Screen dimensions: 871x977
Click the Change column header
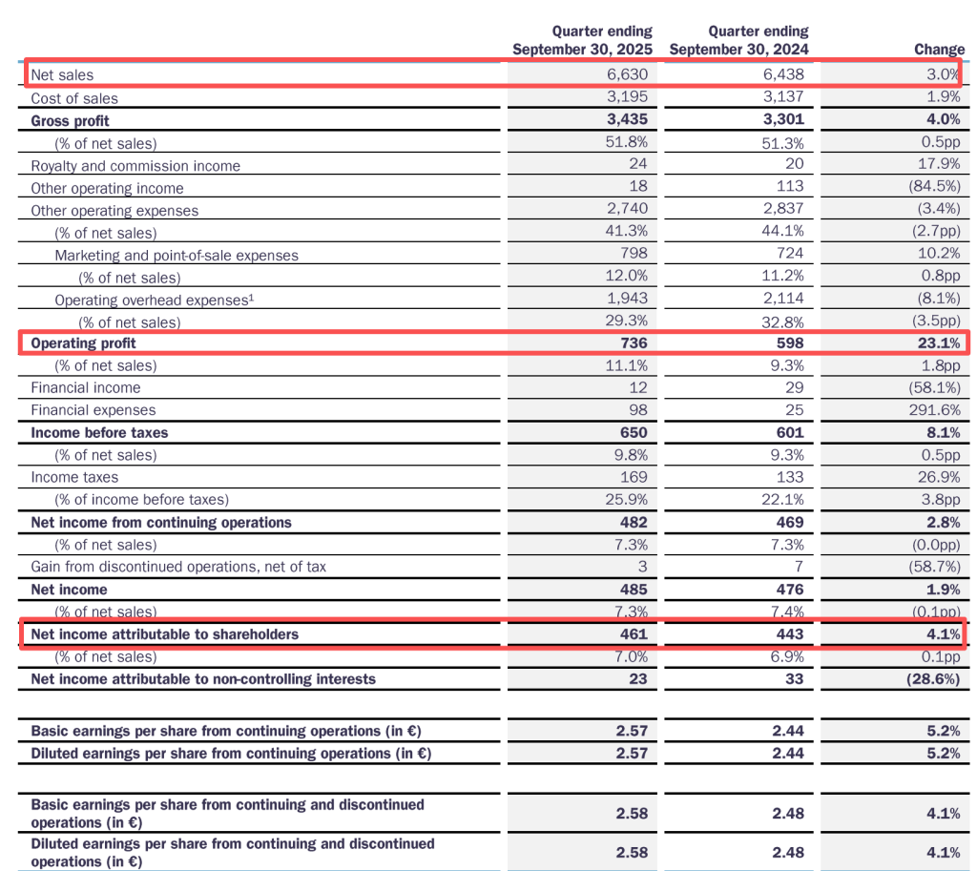coord(939,50)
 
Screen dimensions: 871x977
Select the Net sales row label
coord(62,74)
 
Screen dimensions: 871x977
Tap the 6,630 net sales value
coord(627,74)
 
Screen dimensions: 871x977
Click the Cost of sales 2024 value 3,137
coord(783,97)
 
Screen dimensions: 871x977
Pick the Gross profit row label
coord(70,120)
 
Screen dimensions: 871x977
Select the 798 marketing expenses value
coord(634,254)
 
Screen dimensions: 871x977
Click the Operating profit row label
coord(83,343)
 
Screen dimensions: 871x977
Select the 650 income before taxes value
coord(633,432)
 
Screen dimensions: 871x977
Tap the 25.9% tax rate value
coord(626,499)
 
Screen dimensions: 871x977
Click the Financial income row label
coord(85,387)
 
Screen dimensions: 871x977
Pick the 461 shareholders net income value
coord(633,634)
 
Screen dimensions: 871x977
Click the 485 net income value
coord(633,590)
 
